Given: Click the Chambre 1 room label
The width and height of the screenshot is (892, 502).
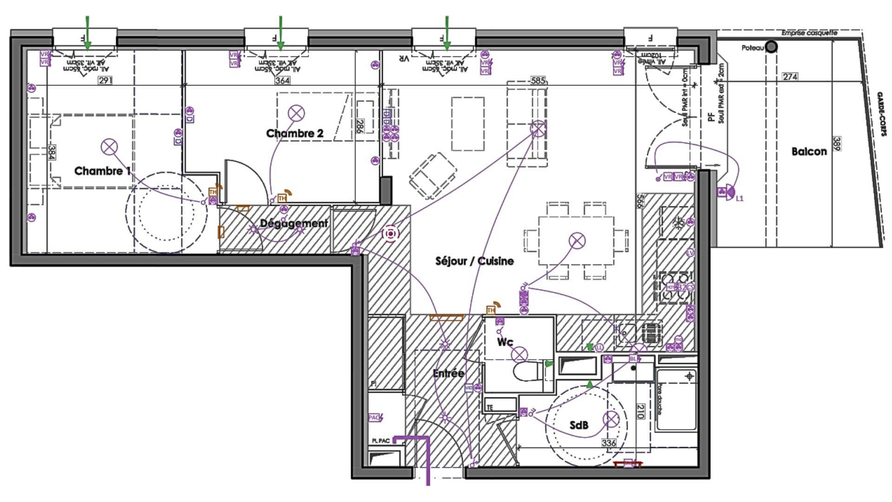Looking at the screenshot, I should [102, 171].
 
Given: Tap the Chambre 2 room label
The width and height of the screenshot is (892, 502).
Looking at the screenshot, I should [295, 133].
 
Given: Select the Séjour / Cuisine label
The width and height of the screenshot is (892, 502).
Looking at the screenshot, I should [474, 261].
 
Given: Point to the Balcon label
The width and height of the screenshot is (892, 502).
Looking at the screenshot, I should [809, 152].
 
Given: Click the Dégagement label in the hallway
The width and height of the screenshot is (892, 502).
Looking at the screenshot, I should [294, 223].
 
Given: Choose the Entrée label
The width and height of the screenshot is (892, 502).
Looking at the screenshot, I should [448, 373].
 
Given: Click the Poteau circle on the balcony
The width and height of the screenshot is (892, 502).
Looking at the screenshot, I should [771, 47].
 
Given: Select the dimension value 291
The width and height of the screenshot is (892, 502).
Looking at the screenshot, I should [105, 80].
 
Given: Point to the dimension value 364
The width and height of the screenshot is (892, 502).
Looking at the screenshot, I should [282, 80].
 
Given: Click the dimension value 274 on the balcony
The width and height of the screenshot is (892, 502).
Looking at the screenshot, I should [790, 77].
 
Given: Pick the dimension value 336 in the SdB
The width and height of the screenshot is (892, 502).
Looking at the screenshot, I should [609, 443].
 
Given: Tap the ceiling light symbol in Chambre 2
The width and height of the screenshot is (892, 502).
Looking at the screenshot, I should [296, 113].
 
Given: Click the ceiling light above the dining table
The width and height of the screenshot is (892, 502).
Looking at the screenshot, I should [577, 240].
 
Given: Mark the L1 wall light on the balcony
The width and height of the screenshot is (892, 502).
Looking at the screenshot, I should [728, 192].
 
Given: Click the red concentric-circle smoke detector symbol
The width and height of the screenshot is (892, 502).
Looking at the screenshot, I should [390, 234].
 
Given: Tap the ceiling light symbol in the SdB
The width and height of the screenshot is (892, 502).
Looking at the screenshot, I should [610, 420].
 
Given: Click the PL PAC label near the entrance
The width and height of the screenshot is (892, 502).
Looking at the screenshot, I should [380, 441].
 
